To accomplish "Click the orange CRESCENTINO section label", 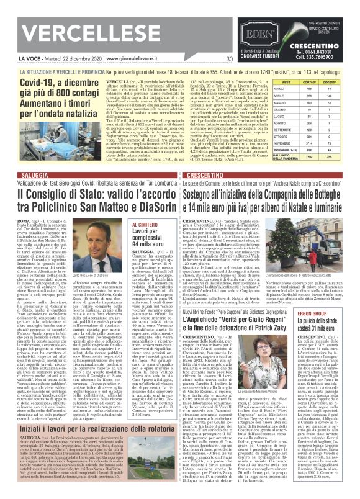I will point(205,176).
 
